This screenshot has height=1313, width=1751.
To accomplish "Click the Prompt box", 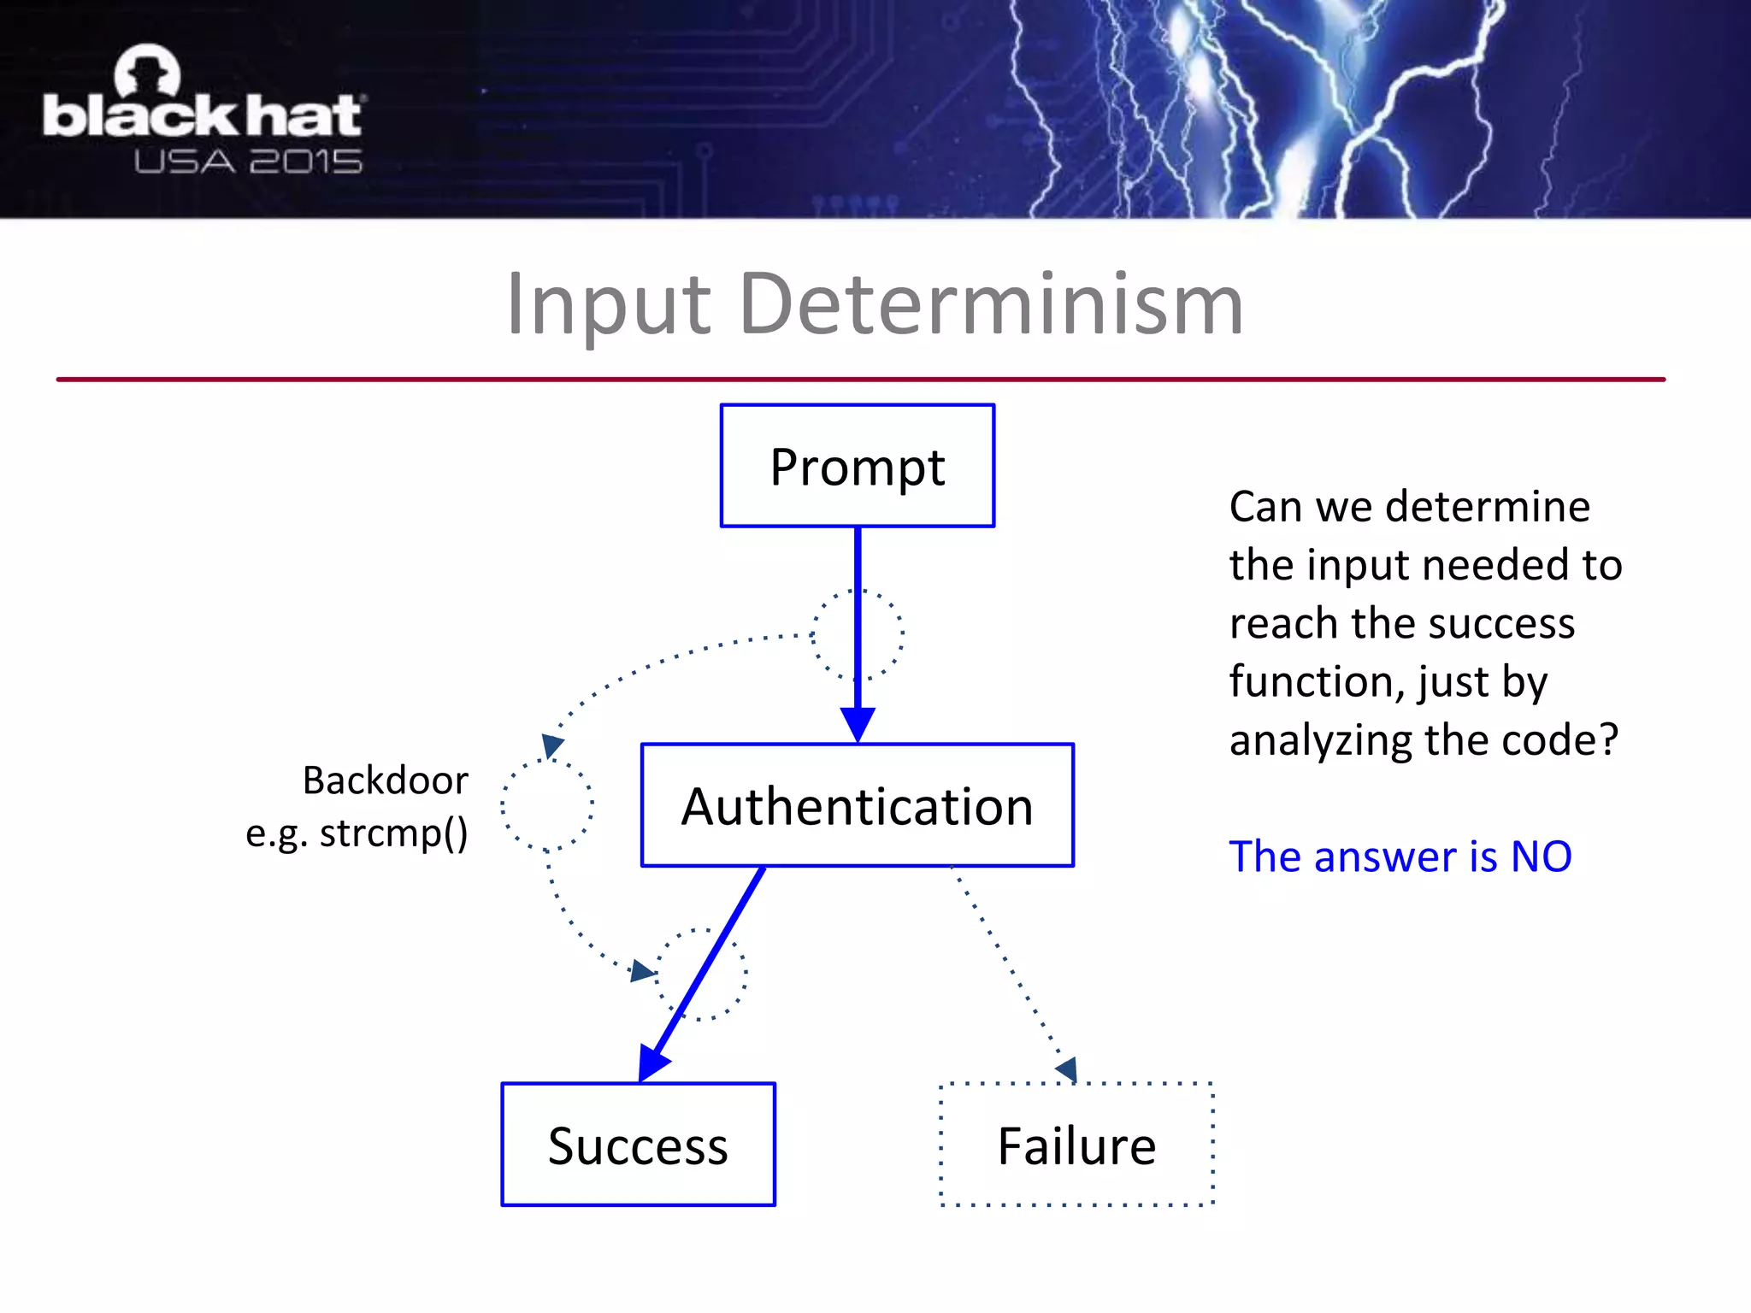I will pos(858,466).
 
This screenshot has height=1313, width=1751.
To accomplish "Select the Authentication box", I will pos(858,805).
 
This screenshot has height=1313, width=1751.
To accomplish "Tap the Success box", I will pos(638,1145).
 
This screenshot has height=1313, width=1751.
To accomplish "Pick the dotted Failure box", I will pos(1076,1145).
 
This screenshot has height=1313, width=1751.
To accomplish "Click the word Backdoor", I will pos(386,780).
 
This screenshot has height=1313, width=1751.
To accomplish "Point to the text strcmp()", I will pos(394,833).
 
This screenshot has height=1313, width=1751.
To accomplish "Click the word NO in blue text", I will pos(1542,857).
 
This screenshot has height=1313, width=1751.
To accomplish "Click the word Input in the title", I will pos(608,304).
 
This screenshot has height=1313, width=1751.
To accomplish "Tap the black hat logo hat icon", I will pos(148,71).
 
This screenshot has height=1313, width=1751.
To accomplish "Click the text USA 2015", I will pos(248,162).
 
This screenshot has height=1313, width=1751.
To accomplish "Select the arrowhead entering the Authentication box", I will pos(858,724).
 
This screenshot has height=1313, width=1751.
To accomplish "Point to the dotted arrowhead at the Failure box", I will pos(1068,1069).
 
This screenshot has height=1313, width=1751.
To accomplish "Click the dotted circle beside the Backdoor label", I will pos(547,804).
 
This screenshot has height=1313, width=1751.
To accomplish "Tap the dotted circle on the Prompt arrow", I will pos(858,634).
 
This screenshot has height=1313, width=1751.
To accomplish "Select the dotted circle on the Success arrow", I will pos(701,974).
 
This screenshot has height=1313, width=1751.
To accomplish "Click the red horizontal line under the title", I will pos(860,379).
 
